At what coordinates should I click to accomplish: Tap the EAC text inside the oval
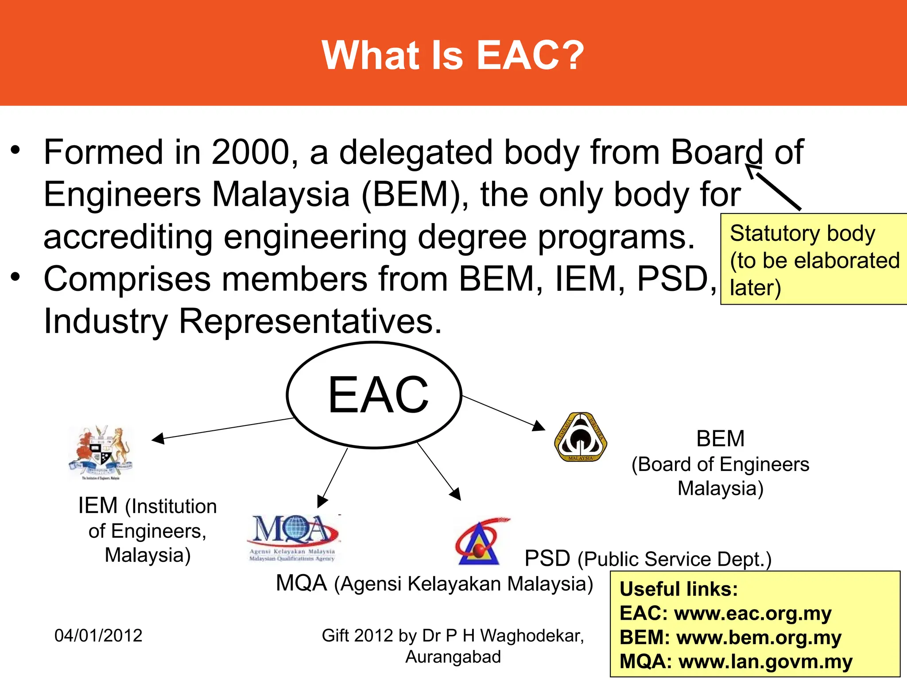(378, 394)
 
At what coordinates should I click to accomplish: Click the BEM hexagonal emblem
(580, 437)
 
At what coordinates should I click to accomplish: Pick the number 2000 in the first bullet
(250, 152)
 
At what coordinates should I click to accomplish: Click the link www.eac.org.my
(752, 613)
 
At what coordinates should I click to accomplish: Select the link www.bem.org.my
(759, 637)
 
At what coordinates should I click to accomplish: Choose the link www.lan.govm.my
(765, 661)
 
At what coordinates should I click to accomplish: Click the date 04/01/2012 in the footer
(98, 636)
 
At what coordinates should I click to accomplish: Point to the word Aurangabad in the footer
(453, 657)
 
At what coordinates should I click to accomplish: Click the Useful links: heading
(678, 589)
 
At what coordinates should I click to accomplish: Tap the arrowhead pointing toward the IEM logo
(157, 438)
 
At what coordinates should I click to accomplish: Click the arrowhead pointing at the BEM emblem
(539, 426)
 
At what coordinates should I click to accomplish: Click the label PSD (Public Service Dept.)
(647, 559)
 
